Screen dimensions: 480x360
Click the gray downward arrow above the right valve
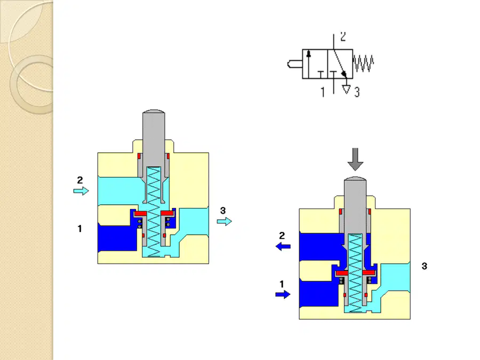pyautogui.click(x=355, y=159)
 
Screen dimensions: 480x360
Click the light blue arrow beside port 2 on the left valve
pyautogui.click(x=81, y=191)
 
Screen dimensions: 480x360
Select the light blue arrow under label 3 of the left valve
pyautogui.click(x=225, y=221)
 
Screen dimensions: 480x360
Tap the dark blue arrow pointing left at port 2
pyautogui.click(x=283, y=246)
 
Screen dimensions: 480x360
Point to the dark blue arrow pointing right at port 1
pyautogui.click(x=283, y=294)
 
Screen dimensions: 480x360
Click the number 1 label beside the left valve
pyautogui.click(x=79, y=229)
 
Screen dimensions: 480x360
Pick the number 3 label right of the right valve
pyautogui.click(x=425, y=266)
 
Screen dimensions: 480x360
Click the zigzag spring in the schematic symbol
pyautogui.click(x=363, y=63)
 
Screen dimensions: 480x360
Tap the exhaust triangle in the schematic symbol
pyautogui.click(x=346, y=89)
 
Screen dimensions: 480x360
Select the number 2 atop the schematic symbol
pyautogui.click(x=343, y=36)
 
